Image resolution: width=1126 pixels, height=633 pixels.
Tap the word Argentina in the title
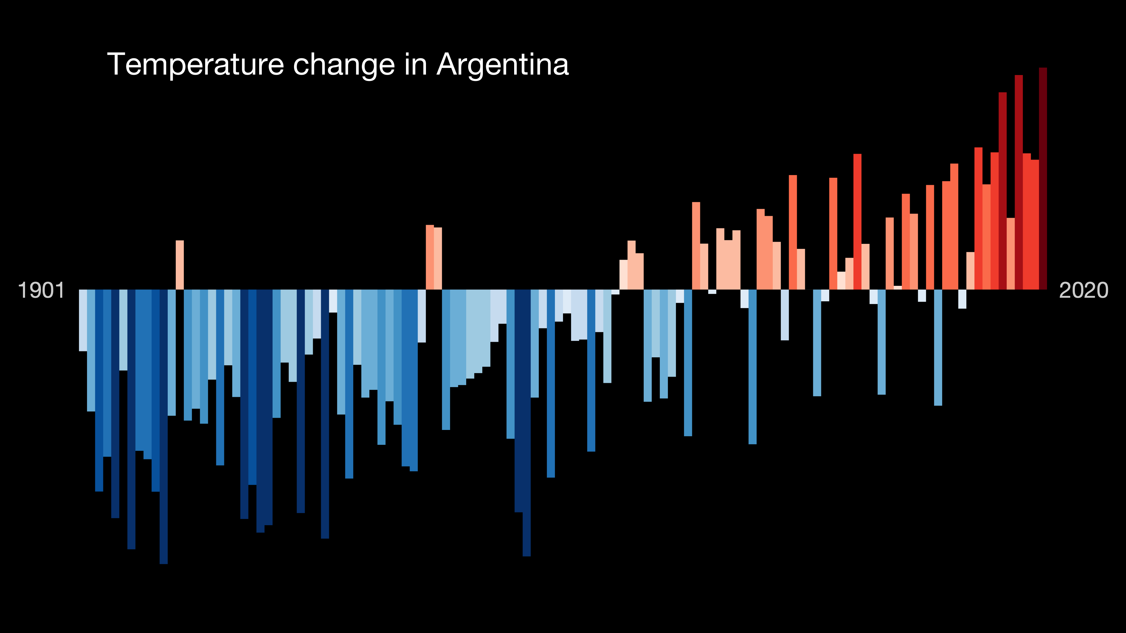(503, 65)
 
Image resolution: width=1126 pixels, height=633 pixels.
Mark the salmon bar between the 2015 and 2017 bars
(1011, 253)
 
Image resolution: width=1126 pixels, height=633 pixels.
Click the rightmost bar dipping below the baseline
(962, 299)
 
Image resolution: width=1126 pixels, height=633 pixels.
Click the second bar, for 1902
(91, 350)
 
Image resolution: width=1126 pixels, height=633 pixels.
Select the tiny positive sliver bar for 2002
(898, 287)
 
